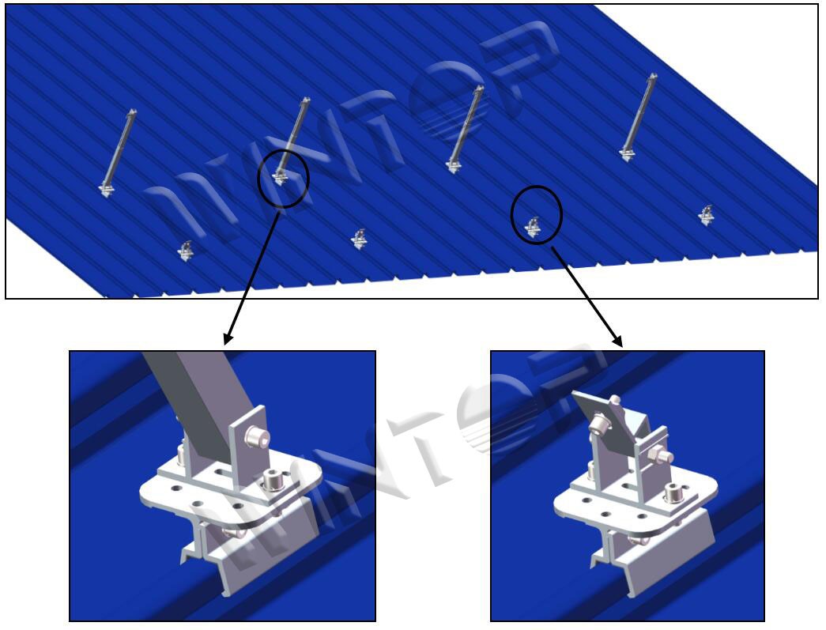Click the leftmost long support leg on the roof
pyautogui.click(x=118, y=153)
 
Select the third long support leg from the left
pyautogui.click(x=465, y=129)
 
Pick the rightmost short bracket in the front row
pyautogui.click(x=706, y=216)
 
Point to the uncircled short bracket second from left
pyautogui.click(x=360, y=240)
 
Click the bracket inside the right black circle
pyautogui.click(x=533, y=227)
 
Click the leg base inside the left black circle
pyautogui.click(x=281, y=176)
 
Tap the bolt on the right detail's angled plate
pyautogui.click(x=598, y=423)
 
